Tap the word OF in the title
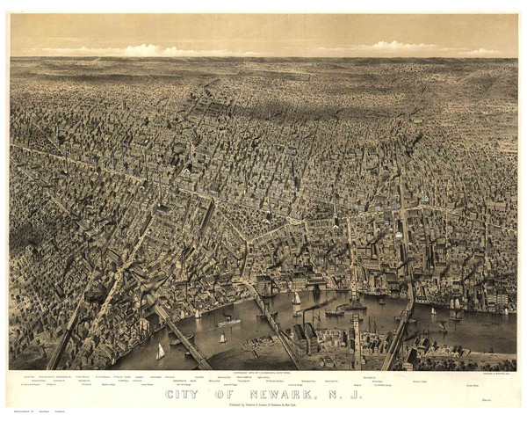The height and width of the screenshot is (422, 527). pyautogui.click(x=235, y=394)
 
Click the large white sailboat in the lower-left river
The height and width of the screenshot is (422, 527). pyautogui.click(x=161, y=352)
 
